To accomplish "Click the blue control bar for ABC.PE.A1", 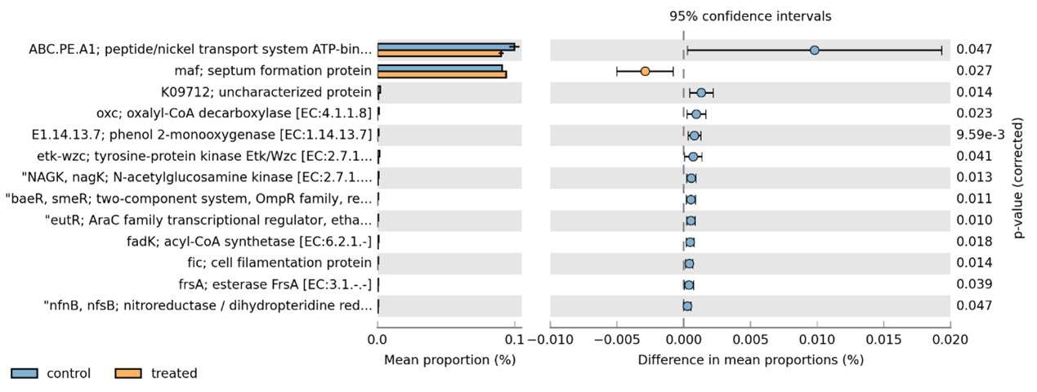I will [x=445, y=47].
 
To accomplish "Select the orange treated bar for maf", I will [x=441, y=74].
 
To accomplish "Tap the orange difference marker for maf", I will [x=645, y=71].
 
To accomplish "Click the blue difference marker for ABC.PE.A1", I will [x=814, y=50].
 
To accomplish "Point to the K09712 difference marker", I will [x=701, y=92].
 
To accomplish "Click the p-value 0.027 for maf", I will [x=974, y=71].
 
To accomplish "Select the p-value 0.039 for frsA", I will [x=974, y=284].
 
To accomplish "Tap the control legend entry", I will [x=51, y=373].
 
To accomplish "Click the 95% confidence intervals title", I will [x=750, y=16].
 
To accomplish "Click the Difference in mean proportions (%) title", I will [x=750, y=359].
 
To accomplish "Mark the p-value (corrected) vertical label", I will [x=1019, y=176].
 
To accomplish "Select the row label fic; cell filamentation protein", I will [x=279, y=263].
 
